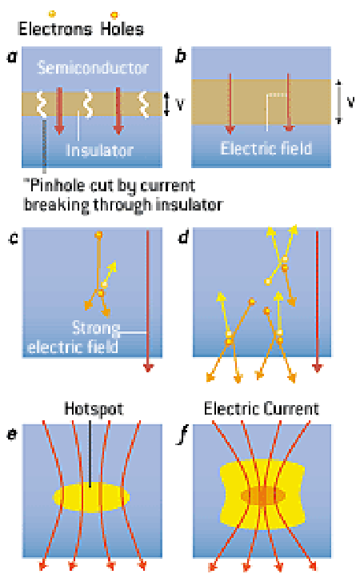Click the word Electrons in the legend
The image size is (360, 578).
point(55,29)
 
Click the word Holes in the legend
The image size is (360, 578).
point(122,29)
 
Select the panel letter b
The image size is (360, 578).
point(181,56)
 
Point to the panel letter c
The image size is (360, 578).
point(14,239)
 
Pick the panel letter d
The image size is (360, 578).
point(183,238)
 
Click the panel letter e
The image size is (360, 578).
point(12,435)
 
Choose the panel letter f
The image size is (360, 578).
point(182,436)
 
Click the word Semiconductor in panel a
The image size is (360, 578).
point(93,68)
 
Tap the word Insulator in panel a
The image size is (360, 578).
point(99,150)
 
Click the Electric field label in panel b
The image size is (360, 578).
point(266,148)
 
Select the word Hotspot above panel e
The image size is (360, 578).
point(94,409)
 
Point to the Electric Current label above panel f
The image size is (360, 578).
point(262,409)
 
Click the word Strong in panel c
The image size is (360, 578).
point(96,327)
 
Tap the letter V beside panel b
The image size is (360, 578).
point(351,102)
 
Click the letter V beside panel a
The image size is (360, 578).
point(180,104)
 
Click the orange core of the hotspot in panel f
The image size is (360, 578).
point(263,495)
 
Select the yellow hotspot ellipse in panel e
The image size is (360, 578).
point(91,496)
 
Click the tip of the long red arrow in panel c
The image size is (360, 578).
point(148,371)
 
